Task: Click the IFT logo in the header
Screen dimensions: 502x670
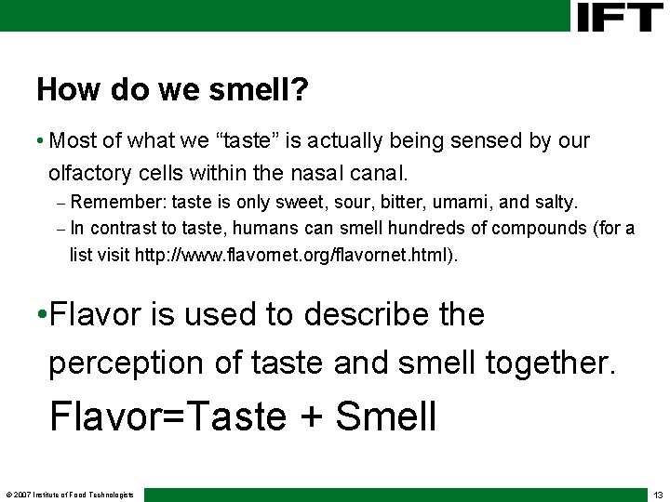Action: tap(619, 16)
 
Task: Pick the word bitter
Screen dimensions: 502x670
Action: tap(393, 202)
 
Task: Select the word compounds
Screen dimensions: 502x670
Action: tap(535, 228)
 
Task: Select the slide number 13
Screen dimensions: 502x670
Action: tap(658, 495)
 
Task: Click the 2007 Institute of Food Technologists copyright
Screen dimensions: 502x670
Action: tap(70, 495)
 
